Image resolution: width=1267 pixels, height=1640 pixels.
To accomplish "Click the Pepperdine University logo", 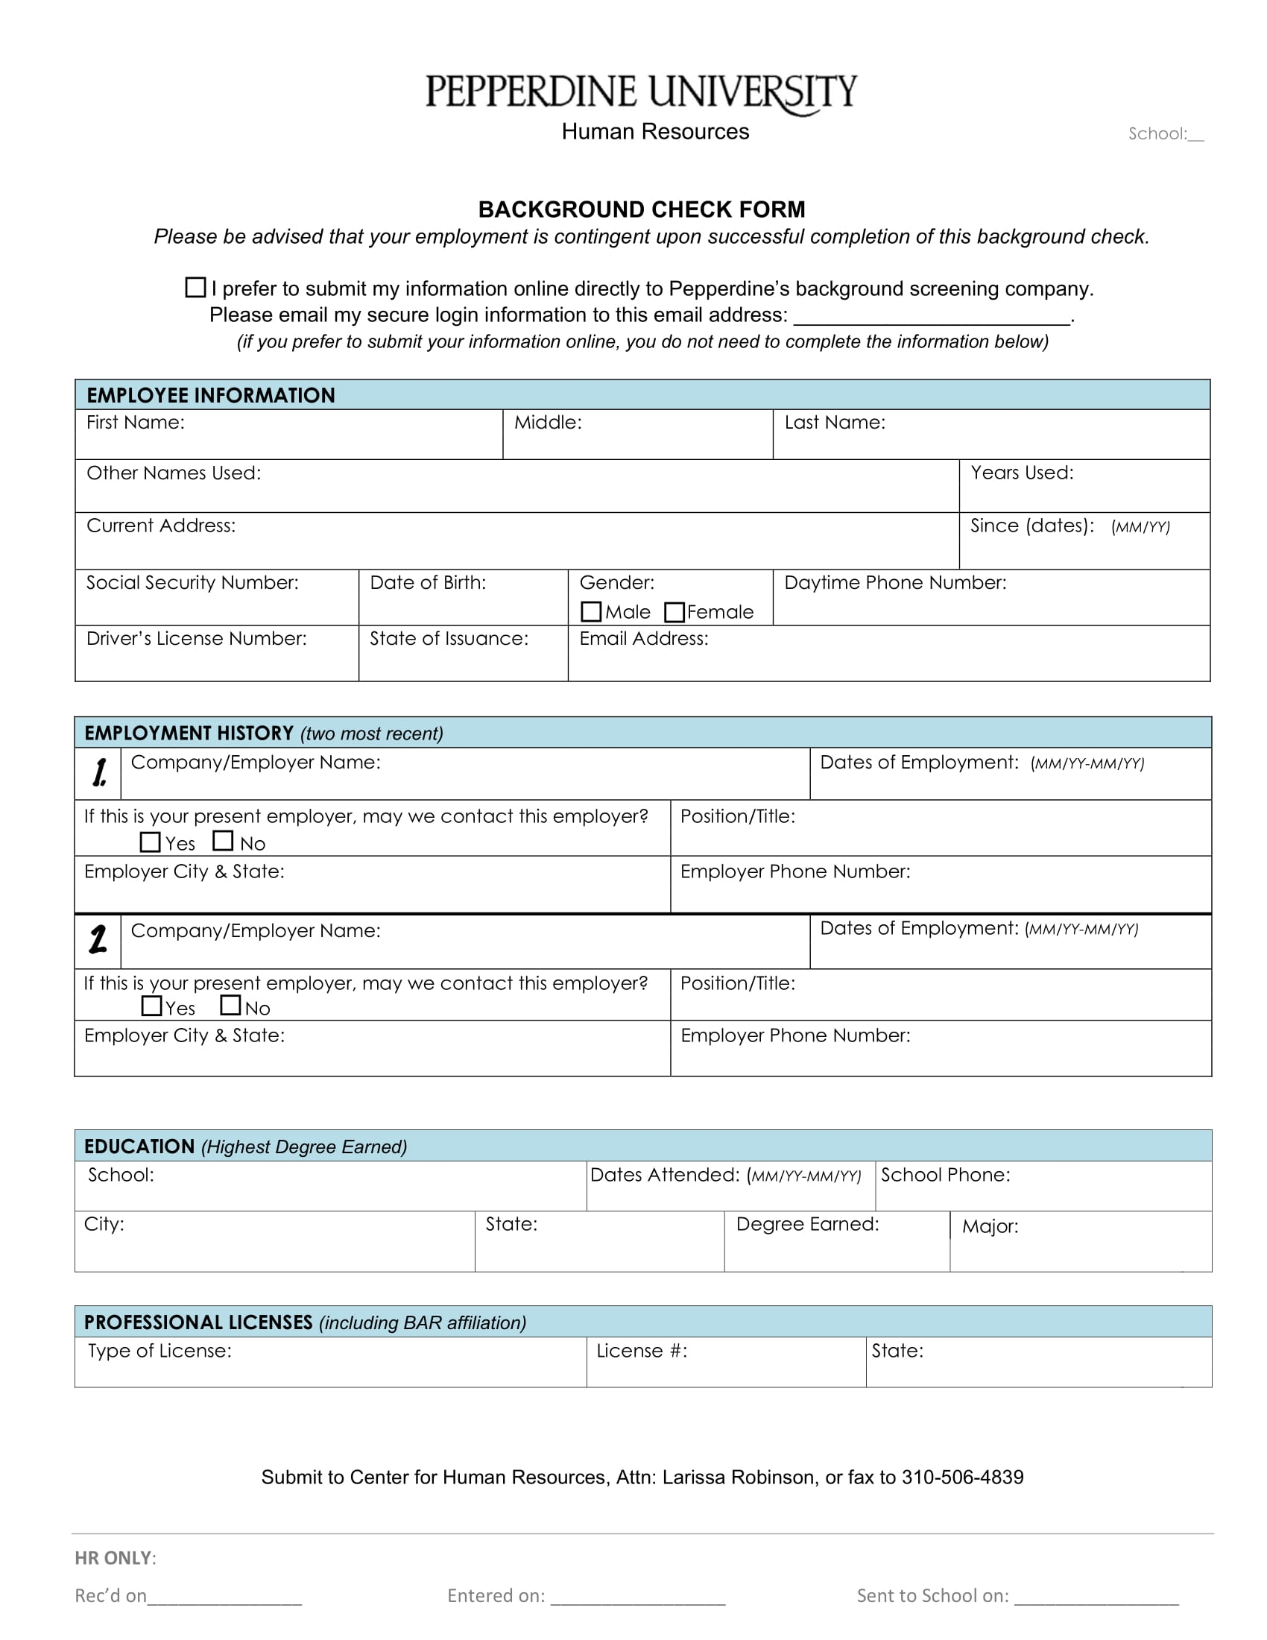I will (x=641, y=93).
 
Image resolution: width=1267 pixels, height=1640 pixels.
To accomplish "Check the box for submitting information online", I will (x=195, y=287).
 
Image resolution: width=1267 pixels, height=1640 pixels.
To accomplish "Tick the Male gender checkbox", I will (x=591, y=612).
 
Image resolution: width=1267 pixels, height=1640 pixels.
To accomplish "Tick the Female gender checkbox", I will (x=674, y=612).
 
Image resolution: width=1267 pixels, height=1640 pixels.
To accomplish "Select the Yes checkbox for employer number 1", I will (x=150, y=842).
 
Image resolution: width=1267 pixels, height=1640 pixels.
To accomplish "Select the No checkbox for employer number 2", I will (x=230, y=1005).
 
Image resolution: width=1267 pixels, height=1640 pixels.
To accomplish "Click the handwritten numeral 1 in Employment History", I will (x=99, y=773).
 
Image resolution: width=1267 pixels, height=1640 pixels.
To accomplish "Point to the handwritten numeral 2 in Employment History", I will (x=98, y=939).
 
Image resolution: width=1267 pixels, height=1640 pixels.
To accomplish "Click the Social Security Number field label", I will (x=192, y=583).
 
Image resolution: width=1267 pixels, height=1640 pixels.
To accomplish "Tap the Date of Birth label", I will (x=428, y=583).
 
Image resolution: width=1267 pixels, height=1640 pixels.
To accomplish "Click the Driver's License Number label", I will (x=197, y=638).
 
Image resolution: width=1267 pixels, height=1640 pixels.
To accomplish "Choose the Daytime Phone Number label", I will (x=894, y=583).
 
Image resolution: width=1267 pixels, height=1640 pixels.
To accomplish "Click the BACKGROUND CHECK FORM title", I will (x=641, y=209).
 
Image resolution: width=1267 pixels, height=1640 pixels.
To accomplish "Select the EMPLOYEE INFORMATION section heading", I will (x=211, y=396).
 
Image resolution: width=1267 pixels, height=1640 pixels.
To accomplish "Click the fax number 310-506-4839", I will (x=962, y=1477).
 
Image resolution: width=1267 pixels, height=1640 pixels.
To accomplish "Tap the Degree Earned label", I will (x=807, y=1224).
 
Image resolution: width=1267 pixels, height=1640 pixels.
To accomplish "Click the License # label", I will (x=642, y=1351).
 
